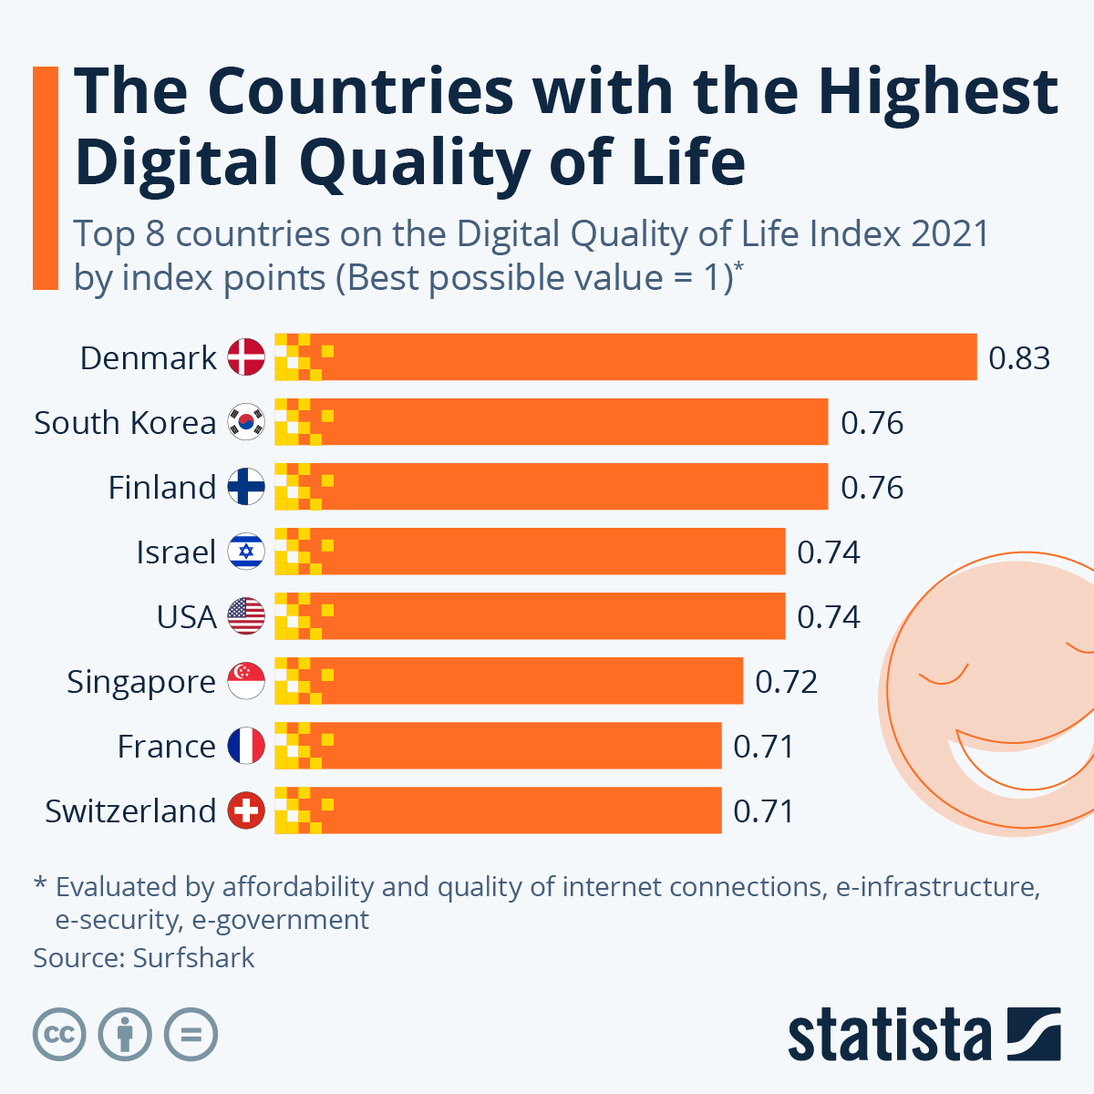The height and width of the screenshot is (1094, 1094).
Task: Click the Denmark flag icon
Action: (246, 357)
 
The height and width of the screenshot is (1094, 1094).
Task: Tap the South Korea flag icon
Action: (246, 422)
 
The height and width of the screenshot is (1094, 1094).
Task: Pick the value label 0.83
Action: (1019, 358)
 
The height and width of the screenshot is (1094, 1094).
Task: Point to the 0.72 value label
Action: (786, 682)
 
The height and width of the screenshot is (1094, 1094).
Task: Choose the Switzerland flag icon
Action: (246, 810)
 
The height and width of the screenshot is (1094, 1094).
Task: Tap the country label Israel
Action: (176, 552)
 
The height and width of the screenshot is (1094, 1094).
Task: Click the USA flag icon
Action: (246, 616)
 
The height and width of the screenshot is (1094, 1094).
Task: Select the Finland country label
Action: (162, 488)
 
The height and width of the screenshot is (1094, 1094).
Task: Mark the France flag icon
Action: (246, 746)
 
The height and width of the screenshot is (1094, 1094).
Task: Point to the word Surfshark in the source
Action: (193, 958)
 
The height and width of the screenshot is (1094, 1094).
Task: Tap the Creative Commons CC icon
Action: (60, 1035)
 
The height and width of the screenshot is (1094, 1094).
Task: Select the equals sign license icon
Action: (191, 1035)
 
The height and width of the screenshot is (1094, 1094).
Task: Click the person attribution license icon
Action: (126, 1035)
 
